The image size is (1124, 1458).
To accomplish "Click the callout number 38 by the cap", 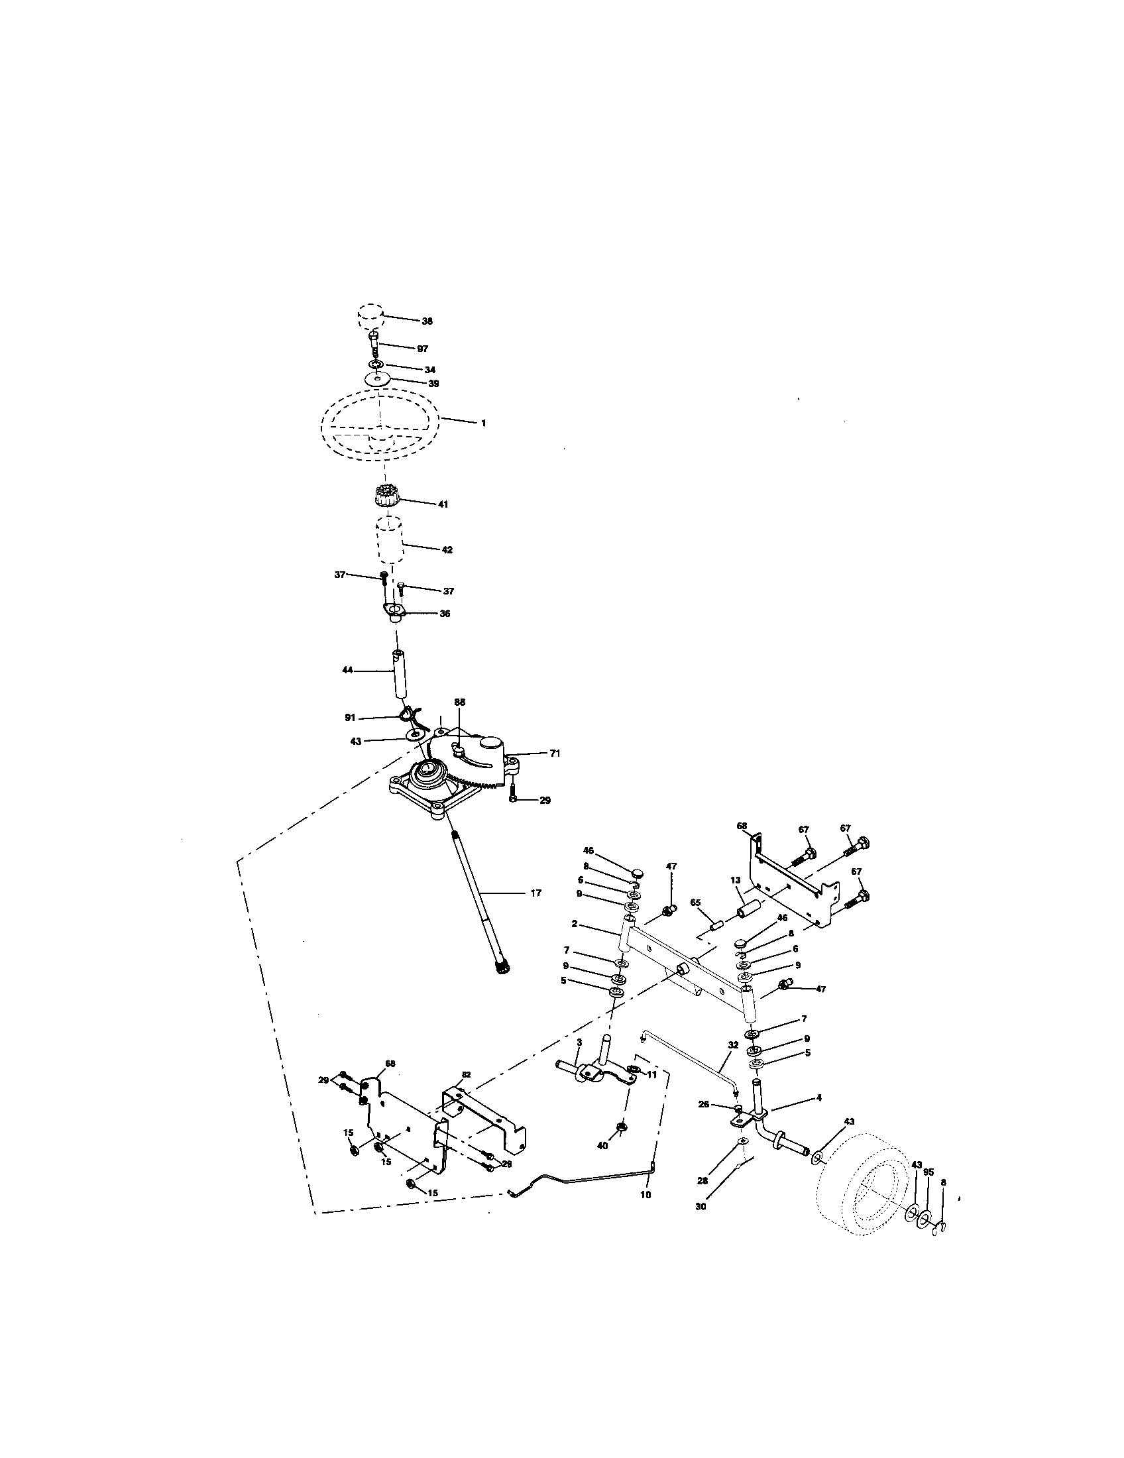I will [427, 321].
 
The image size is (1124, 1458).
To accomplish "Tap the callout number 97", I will [423, 349].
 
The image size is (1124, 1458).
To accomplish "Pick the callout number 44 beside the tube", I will [347, 669].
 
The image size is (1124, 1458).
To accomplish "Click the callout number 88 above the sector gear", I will [460, 702].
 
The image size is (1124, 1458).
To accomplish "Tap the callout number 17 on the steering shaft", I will [535, 893].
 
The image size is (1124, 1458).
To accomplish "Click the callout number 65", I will [696, 902].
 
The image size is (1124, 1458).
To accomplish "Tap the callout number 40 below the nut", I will [602, 1145].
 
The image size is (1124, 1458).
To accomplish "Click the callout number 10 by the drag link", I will [646, 1194].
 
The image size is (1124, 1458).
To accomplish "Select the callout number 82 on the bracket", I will [466, 1075].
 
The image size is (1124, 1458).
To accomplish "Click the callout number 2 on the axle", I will [574, 925].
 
